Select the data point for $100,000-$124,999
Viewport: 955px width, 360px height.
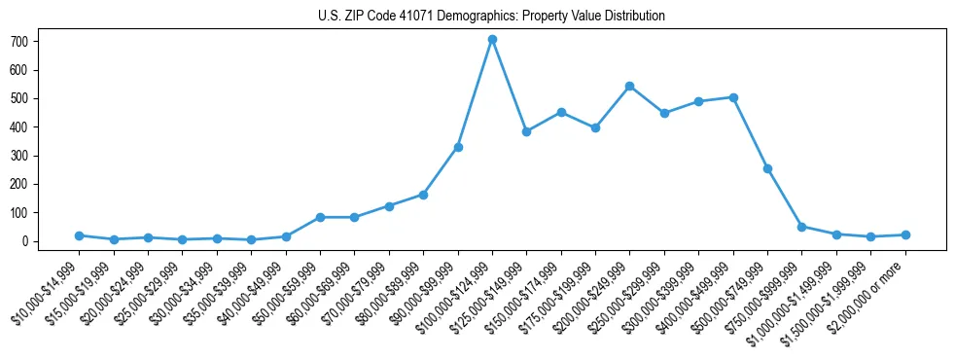coord(492,40)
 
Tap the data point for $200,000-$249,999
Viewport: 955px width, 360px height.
coord(630,87)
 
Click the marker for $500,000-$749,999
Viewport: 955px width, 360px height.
coord(767,168)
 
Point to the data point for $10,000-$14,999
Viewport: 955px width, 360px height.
coord(79,235)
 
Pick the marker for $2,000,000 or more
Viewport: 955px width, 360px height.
coord(905,234)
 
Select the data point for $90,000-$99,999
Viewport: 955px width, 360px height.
coord(458,147)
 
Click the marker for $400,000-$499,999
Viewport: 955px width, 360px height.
coord(733,97)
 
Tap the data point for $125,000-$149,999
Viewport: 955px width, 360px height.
coord(526,131)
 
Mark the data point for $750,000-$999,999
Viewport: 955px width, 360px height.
coord(801,227)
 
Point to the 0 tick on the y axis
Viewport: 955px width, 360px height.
coord(31,241)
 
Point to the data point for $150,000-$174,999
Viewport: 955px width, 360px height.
coord(561,113)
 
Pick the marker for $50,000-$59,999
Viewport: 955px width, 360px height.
coord(320,217)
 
